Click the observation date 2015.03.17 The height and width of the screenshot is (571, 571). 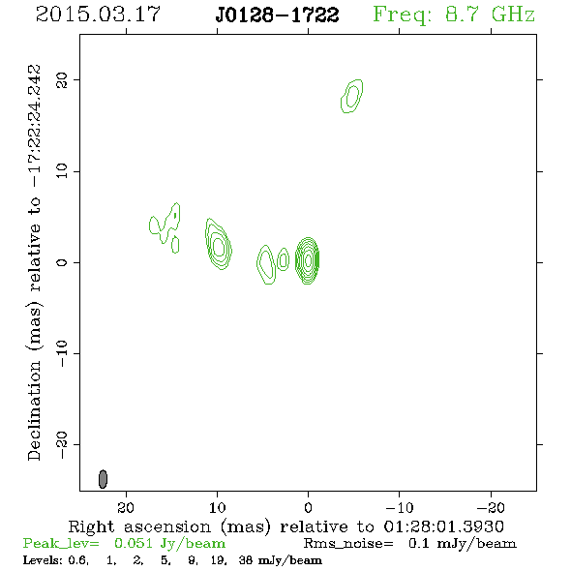pos(98,15)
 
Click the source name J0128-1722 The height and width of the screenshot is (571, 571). pos(277,15)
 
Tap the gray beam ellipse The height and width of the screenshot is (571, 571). pos(103,479)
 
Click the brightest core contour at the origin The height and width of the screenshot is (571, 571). pos(308,260)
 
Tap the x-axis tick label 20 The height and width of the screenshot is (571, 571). pos(126,507)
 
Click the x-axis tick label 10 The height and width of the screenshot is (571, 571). pos(217,507)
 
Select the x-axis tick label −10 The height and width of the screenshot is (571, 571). pos(400,507)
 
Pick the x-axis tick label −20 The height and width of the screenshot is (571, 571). pos(491,507)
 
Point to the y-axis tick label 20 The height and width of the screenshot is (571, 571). pos(62,80)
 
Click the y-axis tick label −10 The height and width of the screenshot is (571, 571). pos(62,353)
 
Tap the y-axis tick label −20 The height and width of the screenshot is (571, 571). pos(62,445)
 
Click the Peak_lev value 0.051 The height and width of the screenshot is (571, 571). pos(134,543)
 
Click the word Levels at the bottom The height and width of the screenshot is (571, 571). pos(40,559)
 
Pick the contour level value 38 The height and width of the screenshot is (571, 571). pos(246,559)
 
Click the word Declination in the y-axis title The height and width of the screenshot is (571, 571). pos(34,411)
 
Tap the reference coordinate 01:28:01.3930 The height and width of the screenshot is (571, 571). pos(444,526)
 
